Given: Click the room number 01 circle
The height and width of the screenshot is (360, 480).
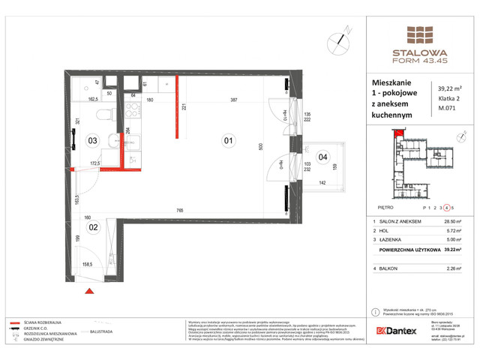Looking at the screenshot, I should [227, 139].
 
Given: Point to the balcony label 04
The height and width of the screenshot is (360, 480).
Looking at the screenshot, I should [322, 157].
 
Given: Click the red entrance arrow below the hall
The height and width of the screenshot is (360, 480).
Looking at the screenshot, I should [88, 291].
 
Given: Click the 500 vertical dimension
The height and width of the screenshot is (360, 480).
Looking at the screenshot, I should [261, 148].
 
